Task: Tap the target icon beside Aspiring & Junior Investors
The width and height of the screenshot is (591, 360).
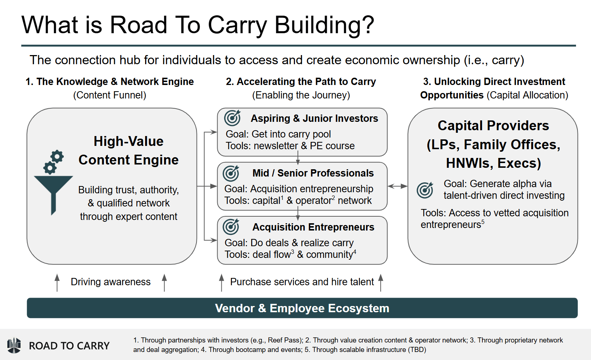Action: (232, 118)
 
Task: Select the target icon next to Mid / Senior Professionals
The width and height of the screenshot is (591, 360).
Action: (231, 173)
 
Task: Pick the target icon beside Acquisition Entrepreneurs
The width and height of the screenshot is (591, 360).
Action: (231, 227)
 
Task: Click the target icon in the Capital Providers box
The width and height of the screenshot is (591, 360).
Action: (425, 190)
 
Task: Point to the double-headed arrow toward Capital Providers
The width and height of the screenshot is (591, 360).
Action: (397, 186)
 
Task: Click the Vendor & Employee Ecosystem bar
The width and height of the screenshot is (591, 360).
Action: (302, 308)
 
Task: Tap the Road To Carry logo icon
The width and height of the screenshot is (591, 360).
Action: (14, 345)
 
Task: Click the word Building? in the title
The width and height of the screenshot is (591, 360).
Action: (324, 25)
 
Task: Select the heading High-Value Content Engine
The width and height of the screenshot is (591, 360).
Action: (128, 151)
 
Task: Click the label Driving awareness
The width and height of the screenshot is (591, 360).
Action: (110, 282)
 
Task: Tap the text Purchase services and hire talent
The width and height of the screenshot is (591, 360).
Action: (302, 282)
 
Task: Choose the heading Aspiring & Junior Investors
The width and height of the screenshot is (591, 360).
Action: (314, 119)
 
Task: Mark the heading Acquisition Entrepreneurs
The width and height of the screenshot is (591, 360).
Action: (313, 227)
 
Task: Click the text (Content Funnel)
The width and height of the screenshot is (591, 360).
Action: (109, 95)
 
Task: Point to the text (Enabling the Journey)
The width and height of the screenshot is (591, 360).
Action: (301, 95)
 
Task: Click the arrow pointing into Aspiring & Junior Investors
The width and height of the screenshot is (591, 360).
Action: (211, 132)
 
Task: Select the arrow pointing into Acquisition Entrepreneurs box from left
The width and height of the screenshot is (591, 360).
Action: (211, 240)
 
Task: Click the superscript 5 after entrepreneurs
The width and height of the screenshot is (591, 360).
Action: (483, 222)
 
